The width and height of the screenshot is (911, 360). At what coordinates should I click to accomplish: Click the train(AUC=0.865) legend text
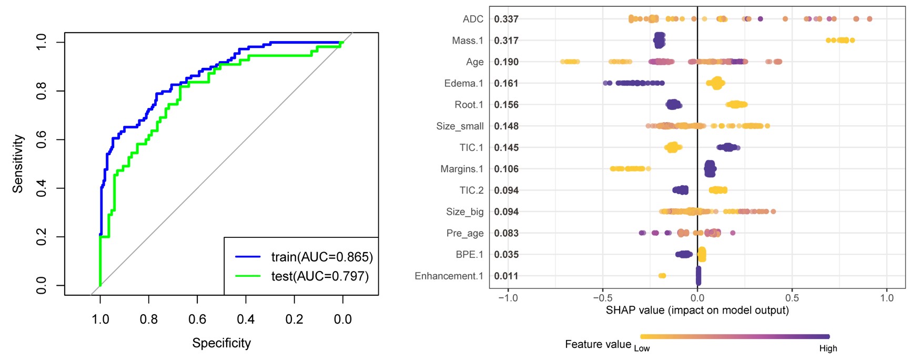322,257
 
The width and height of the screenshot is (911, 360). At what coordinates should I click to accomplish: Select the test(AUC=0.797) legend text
320,276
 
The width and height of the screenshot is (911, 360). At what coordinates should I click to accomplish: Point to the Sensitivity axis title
18,164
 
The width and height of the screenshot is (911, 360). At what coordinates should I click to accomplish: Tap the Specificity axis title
221,343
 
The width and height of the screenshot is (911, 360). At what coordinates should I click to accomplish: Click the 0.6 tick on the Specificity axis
197,319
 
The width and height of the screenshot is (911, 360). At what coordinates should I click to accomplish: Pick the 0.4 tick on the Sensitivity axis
42,188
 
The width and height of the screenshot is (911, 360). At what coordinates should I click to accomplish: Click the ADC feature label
473,19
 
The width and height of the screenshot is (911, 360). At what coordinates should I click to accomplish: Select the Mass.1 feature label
468,41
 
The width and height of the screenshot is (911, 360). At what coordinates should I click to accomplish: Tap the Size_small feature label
460,126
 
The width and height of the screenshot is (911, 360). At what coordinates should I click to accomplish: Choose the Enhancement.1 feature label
449,276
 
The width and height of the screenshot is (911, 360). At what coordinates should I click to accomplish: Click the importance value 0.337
506,19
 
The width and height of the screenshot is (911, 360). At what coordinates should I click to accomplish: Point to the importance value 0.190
506,62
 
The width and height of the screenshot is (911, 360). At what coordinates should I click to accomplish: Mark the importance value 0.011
506,276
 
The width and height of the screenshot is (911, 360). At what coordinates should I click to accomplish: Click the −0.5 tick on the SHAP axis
603,298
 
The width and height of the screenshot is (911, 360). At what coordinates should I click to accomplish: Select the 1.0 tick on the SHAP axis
887,298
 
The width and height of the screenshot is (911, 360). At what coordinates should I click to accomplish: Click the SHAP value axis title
697,311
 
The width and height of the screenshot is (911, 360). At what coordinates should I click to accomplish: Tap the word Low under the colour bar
642,348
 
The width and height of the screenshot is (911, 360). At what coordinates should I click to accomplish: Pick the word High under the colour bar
828,348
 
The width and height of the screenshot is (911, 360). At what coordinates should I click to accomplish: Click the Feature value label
598,344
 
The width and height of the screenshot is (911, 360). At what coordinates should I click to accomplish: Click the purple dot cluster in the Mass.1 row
659,40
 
